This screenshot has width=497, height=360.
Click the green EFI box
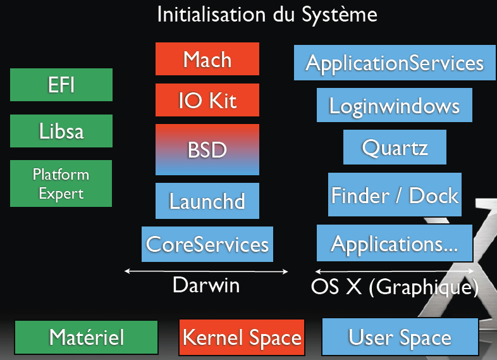click(61, 85)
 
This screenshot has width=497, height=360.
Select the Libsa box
click(61, 132)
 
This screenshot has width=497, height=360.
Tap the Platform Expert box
click(61, 183)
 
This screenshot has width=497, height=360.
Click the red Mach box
click(207, 59)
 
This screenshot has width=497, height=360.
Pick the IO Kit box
click(207, 100)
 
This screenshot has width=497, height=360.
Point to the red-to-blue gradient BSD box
click(207, 149)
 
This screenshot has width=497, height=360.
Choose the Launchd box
click(207, 201)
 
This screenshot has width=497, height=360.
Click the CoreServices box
click(207, 244)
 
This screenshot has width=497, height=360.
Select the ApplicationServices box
click(395, 63)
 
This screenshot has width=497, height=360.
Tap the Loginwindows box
click(395, 105)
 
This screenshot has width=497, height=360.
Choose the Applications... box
click(395, 243)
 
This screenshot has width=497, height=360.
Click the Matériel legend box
click(86, 338)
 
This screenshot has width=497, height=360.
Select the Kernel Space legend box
click(242, 338)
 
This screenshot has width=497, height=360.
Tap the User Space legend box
click(400, 338)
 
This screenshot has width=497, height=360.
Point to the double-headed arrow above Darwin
click(206, 271)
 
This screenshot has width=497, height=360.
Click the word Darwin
click(206, 285)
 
